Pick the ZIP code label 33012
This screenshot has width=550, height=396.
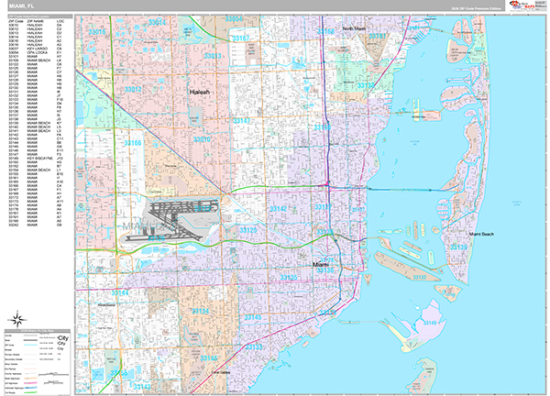(x=134, y=89)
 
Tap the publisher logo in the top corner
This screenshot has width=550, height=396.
(x=525, y=6)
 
